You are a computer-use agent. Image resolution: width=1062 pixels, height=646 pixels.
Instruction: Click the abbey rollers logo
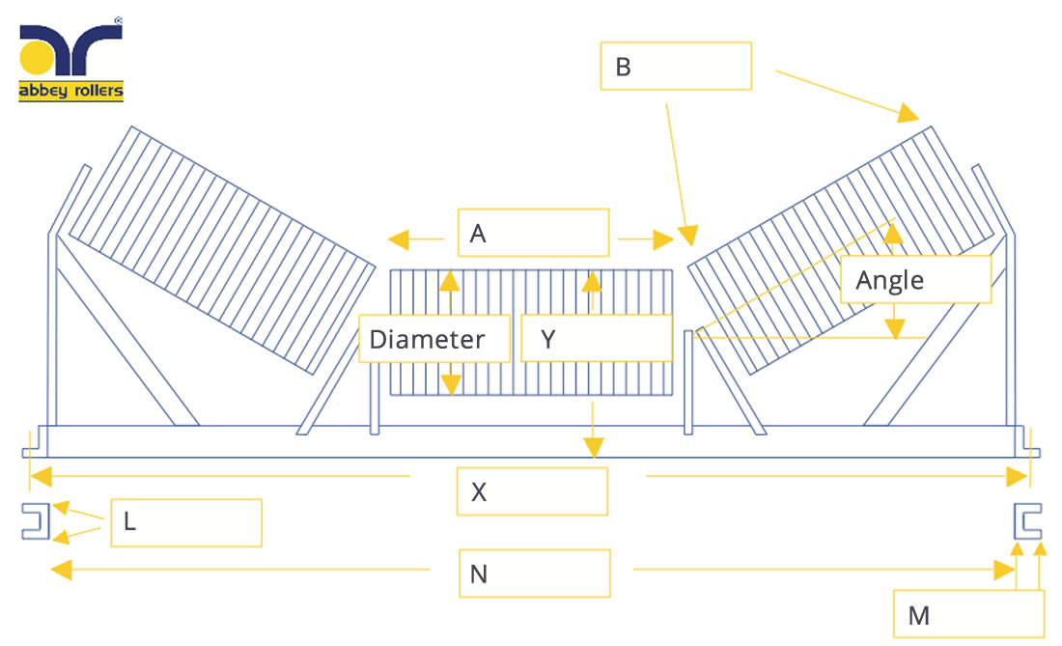(71, 60)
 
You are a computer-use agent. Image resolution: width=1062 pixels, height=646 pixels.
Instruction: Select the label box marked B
(676, 66)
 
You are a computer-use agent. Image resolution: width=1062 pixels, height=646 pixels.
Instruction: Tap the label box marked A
(533, 233)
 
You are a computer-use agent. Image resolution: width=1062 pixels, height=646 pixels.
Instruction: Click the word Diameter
(428, 339)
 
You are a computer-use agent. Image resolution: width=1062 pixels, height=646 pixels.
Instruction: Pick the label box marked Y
(597, 338)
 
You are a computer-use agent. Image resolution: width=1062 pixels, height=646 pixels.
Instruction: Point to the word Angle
(890, 280)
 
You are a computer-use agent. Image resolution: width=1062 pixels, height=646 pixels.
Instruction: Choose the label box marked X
(532, 492)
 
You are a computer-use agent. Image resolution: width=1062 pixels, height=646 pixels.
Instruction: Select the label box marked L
(186, 522)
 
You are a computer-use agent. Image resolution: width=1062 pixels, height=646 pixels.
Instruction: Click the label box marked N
(535, 574)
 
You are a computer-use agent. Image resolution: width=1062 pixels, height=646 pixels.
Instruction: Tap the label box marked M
(968, 614)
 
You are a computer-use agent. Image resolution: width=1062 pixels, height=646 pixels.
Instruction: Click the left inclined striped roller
(222, 250)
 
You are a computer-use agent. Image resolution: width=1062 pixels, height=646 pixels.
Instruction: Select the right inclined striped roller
(841, 250)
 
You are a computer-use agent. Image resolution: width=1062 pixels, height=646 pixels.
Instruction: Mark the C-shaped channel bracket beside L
(35, 521)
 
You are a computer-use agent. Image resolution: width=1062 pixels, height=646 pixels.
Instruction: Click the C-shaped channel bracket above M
(1027, 521)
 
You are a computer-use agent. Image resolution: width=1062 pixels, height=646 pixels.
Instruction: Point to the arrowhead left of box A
(399, 239)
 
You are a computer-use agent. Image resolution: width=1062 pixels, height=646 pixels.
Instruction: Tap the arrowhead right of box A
(664, 239)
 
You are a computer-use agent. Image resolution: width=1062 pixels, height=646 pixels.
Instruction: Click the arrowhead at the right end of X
(1017, 477)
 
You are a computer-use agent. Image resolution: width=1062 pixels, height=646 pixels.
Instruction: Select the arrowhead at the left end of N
(62, 570)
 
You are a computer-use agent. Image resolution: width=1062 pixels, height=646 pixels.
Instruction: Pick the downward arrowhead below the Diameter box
(451, 385)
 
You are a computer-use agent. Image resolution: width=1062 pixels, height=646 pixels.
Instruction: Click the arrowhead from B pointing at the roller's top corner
(908, 113)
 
